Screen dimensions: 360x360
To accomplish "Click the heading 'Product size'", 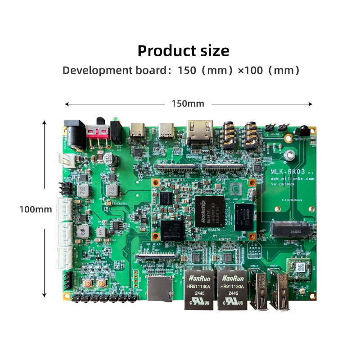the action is click(x=183, y=50).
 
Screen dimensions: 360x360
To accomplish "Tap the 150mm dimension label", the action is click(x=188, y=103).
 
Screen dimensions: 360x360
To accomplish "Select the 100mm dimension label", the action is click(x=36, y=209).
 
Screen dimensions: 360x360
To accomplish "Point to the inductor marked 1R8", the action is click(x=82, y=232).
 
